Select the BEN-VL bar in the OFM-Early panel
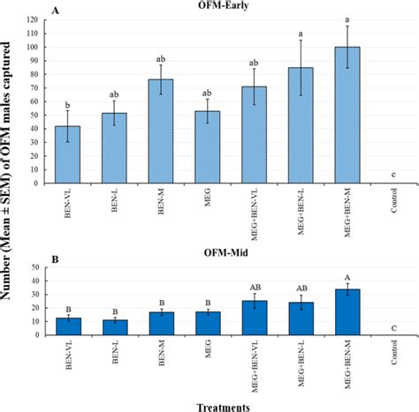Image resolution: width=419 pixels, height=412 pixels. coord(68,155)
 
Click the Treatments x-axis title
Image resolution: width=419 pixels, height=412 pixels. coord(217,404)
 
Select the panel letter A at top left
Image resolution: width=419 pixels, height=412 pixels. coord(56,9)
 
